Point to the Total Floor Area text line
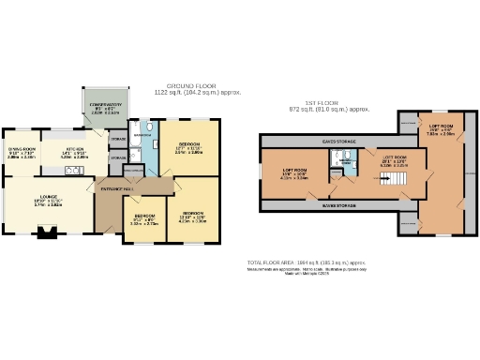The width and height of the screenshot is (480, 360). [305, 262]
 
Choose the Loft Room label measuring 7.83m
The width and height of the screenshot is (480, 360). [442, 129]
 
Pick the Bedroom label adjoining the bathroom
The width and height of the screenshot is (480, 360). [187, 147]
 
